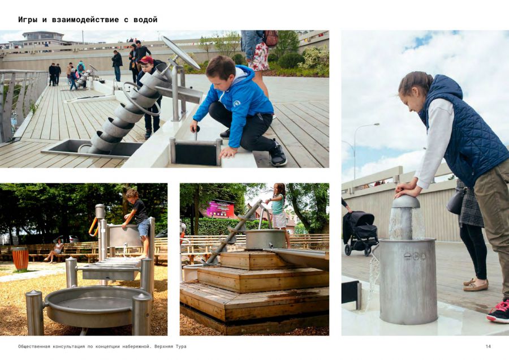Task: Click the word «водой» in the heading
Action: [145, 20]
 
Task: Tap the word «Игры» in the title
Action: [28, 20]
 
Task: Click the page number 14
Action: [488, 346]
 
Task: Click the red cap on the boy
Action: [146, 60]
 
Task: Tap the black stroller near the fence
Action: [360, 232]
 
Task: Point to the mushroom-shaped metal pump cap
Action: [406, 202]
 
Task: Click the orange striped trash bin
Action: [20, 259]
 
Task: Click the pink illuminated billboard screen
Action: [221, 209]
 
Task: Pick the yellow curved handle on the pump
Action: [93, 226]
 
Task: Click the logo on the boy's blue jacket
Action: [236, 104]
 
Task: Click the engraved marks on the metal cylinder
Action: [415, 256]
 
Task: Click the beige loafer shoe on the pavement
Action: [476, 286]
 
